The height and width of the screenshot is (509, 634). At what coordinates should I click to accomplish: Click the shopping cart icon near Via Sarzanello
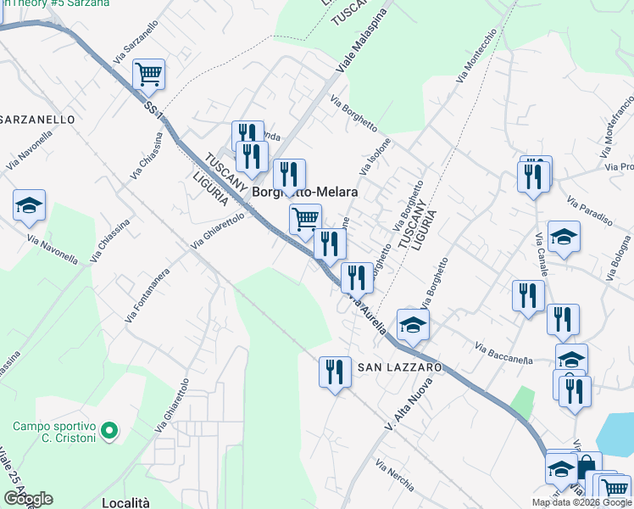pos(148,74)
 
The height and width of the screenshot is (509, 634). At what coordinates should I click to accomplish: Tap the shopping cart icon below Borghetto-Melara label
pos(305,220)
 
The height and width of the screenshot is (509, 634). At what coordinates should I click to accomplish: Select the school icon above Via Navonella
pos(29,205)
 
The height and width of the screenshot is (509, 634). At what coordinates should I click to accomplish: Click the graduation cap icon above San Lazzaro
pos(413,324)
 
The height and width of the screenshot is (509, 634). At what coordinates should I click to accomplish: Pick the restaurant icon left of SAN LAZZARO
pos(335,371)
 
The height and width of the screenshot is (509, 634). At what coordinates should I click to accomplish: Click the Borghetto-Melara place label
pos(304,193)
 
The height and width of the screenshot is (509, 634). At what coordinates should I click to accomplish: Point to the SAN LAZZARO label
pos(399,367)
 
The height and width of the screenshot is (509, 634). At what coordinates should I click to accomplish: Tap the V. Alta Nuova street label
pos(409,403)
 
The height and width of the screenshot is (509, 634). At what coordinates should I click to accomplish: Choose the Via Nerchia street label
pos(394,477)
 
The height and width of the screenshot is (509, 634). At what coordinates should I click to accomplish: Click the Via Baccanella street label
pos(503,354)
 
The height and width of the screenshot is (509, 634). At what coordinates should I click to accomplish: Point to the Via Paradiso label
pos(590,212)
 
